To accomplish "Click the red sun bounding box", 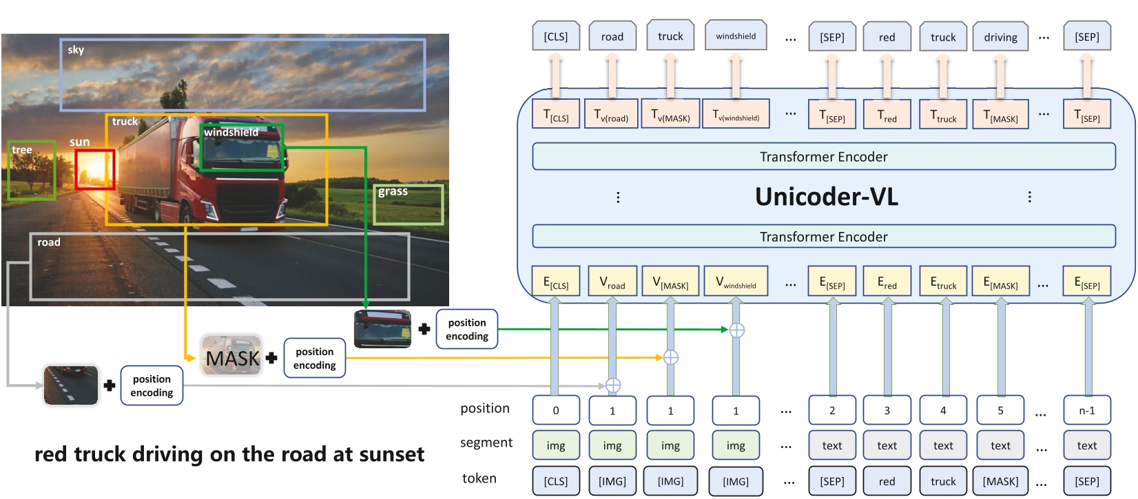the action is [x=95, y=169].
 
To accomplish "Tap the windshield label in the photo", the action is [x=231, y=132].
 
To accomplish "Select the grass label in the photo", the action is [x=393, y=191].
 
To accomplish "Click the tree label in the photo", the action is [x=22, y=150].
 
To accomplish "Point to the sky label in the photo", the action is [x=76, y=50].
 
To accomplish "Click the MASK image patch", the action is [x=231, y=355].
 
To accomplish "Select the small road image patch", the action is [x=71, y=385].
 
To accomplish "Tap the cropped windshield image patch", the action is [x=382, y=329].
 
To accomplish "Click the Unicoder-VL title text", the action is [x=827, y=197].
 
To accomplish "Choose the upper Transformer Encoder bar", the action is [x=823, y=156].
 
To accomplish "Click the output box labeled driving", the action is [x=1000, y=36].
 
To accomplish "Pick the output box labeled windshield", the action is [x=736, y=36].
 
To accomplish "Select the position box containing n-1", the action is [x=1087, y=410].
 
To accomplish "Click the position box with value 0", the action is [x=556, y=410].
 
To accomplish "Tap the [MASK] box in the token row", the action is [x=1000, y=480].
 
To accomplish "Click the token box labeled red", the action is [x=887, y=480].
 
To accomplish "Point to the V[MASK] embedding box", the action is [x=671, y=281].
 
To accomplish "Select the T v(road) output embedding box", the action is [x=611, y=114].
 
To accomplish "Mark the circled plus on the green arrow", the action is [x=736, y=330].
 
